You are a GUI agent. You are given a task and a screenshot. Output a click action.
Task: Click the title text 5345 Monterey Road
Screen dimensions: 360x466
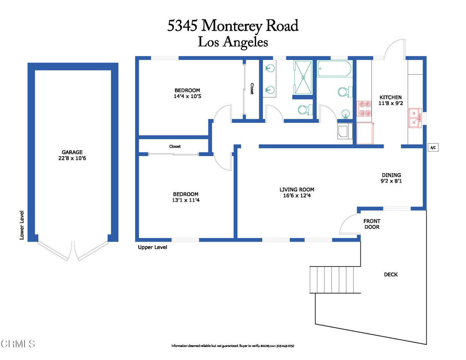tap(233, 25)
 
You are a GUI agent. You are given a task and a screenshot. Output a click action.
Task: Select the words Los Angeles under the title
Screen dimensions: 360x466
tap(233, 42)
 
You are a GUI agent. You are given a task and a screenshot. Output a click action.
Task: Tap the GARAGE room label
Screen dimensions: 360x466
tap(73, 152)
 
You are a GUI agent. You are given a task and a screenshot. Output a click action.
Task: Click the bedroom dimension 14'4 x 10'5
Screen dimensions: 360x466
tap(187, 96)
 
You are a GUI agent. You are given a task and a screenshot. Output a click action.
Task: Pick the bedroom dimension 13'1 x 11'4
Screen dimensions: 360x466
tap(186, 200)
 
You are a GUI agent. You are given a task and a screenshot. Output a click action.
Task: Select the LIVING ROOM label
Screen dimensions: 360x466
tap(297, 189)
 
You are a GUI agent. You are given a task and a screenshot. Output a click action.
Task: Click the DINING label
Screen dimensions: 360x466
tap(391, 175)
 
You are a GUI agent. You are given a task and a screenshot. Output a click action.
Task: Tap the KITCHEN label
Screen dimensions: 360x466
tap(390, 97)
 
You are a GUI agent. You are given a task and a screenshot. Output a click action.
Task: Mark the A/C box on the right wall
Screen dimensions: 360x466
tap(433, 148)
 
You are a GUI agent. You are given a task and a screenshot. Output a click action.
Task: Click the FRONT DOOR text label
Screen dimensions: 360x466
tap(371, 224)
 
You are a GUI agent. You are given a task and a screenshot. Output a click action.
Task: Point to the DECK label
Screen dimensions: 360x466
tap(390, 274)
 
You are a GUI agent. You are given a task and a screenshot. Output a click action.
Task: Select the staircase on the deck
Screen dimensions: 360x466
tap(335, 280)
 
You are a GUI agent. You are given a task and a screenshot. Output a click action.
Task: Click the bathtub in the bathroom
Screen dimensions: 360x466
tap(334, 69)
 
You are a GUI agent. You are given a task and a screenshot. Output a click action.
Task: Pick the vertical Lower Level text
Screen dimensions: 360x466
tap(22, 225)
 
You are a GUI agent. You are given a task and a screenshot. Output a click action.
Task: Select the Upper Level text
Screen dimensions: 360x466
tap(152, 247)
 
